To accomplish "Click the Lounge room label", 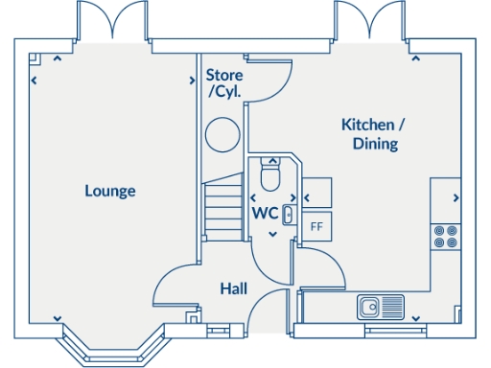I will click(110, 191).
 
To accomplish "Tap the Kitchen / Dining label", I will click(374, 134).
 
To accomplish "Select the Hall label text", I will click(234, 288).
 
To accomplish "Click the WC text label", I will click(265, 212).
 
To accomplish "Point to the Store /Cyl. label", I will click(225, 83).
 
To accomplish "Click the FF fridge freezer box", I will click(316, 227).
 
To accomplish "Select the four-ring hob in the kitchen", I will click(445, 236).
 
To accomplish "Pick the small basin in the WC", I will click(287, 214).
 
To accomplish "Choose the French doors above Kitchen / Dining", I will click(371, 21).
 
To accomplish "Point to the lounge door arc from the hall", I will click(175, 283).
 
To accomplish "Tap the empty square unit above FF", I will click(317, 189).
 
